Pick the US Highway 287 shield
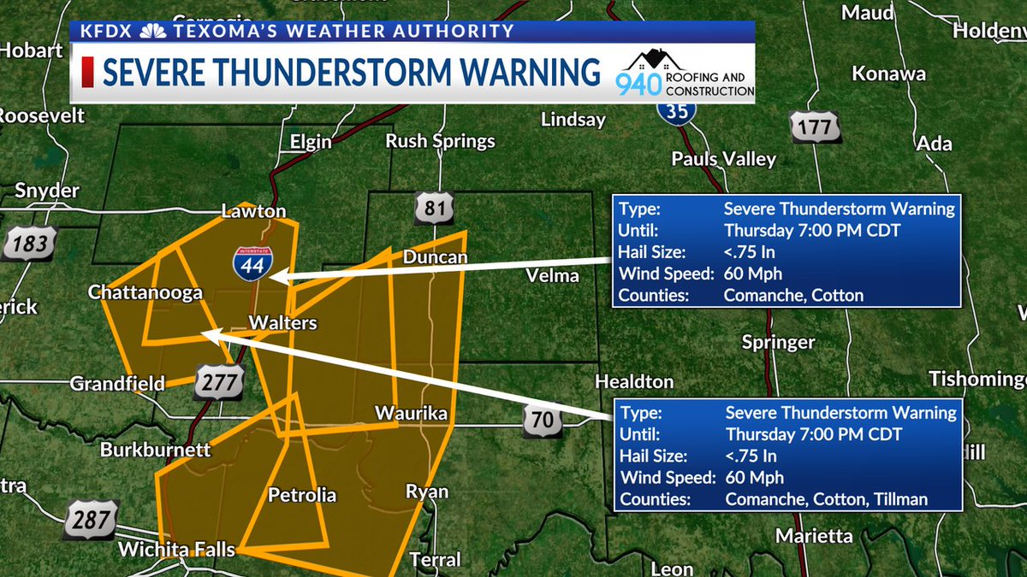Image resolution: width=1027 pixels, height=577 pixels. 92,520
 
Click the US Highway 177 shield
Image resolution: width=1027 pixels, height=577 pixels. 815,127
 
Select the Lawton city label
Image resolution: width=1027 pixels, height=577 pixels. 253,211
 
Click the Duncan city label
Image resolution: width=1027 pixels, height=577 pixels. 435,257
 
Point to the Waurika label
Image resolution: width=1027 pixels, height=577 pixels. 412,414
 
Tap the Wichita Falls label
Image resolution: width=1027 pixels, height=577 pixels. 176,550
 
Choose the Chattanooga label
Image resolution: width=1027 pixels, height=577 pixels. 145,292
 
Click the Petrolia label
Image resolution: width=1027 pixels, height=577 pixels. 302,495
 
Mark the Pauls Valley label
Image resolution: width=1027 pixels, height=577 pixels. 724,159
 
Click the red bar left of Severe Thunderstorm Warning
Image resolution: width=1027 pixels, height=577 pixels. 87,73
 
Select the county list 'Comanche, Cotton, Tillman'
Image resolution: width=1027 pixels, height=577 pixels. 827,499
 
